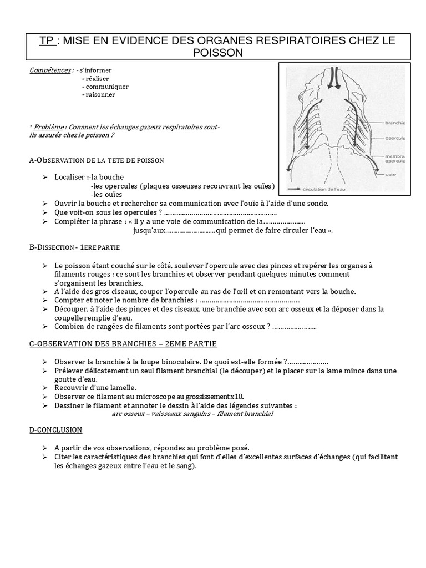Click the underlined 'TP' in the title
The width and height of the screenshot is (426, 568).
(48, 40)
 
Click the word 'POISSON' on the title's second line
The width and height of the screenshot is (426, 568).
(218, 52)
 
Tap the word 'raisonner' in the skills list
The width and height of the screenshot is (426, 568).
(100, 94)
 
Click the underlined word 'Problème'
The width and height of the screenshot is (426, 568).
(49, 127)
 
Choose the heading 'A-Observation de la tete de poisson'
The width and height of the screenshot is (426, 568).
(97, 160)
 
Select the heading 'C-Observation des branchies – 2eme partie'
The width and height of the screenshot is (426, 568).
(123, 344)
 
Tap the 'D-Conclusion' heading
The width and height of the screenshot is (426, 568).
(55, 429)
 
